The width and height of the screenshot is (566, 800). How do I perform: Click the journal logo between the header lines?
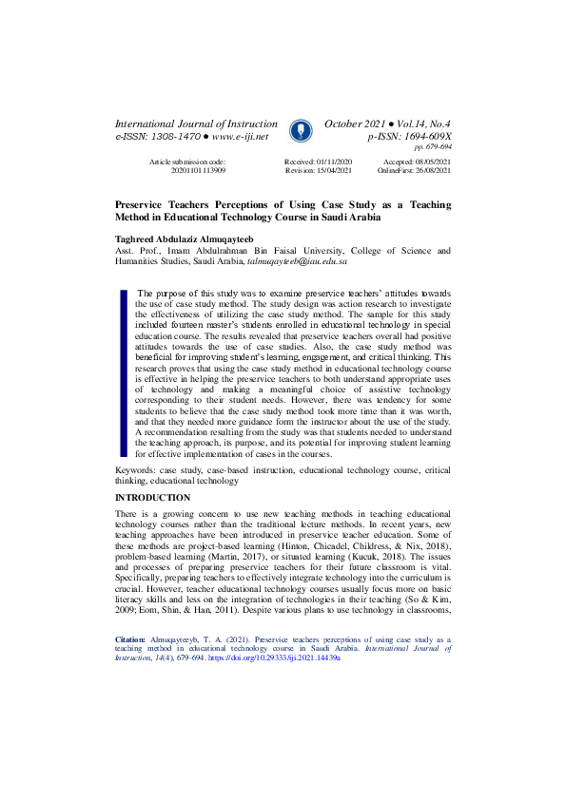[x=300, y=130]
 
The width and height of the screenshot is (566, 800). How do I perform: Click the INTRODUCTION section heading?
[x=153, y=498]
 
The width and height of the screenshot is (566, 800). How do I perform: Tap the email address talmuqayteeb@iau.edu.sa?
[x=297, y=260]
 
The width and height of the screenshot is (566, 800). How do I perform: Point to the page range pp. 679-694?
[x=432, y=147]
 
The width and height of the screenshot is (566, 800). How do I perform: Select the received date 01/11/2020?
[x=332, y=162]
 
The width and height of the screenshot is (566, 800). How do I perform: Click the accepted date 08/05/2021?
[x=431, y=162]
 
